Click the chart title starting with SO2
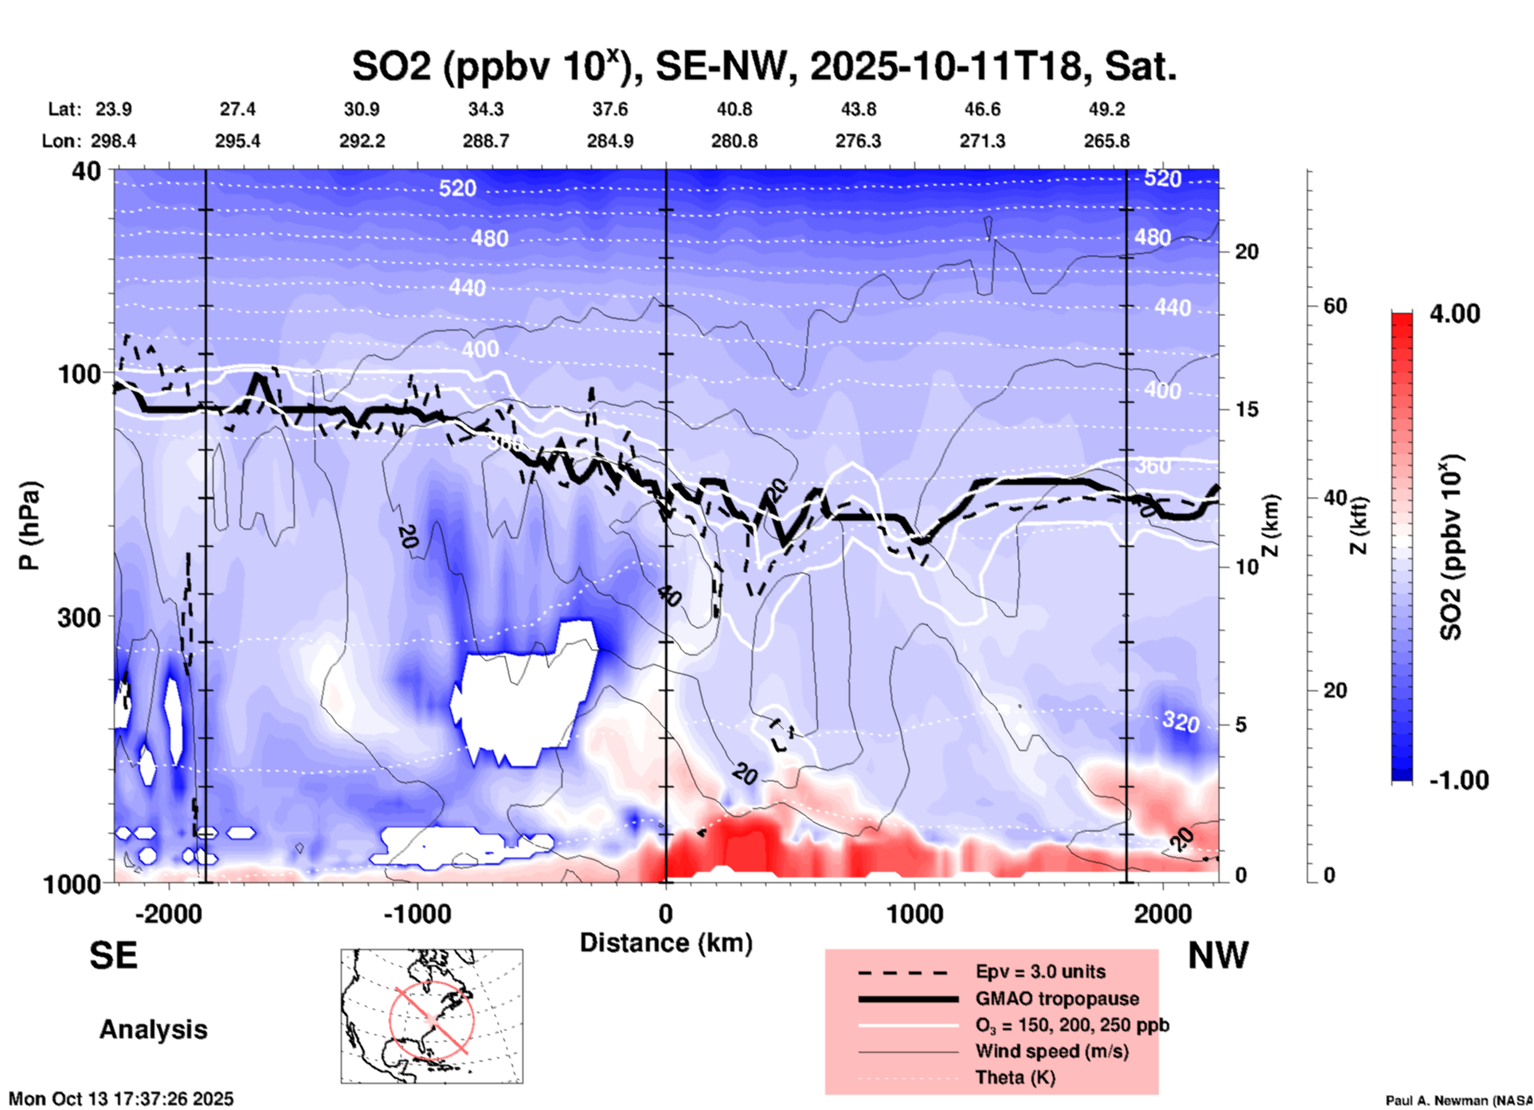(x=764, y=66)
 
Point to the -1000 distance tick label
(x=417, y=913)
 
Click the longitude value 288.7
(x=486, y=141)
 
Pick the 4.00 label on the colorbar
(x=1454, y=314)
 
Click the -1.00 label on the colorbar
(x=1458, y=780)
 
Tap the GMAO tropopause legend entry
(x=1057, y=999)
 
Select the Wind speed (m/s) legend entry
(x=1051, y=1051)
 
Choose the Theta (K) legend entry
(x=1015, y=1077)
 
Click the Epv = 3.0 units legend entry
(x=1040, y=971)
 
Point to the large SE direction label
(x=113, y=955)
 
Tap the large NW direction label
(x=1218, y=955)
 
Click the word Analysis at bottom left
(x=153, y=1030)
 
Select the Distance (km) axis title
(x=666, y=943)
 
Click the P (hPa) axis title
(x=29, y=526)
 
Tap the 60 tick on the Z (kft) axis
(x=1335, y=306)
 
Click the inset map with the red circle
(x=432, y=1016)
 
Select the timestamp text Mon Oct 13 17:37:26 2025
(x=121, y=1099)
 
